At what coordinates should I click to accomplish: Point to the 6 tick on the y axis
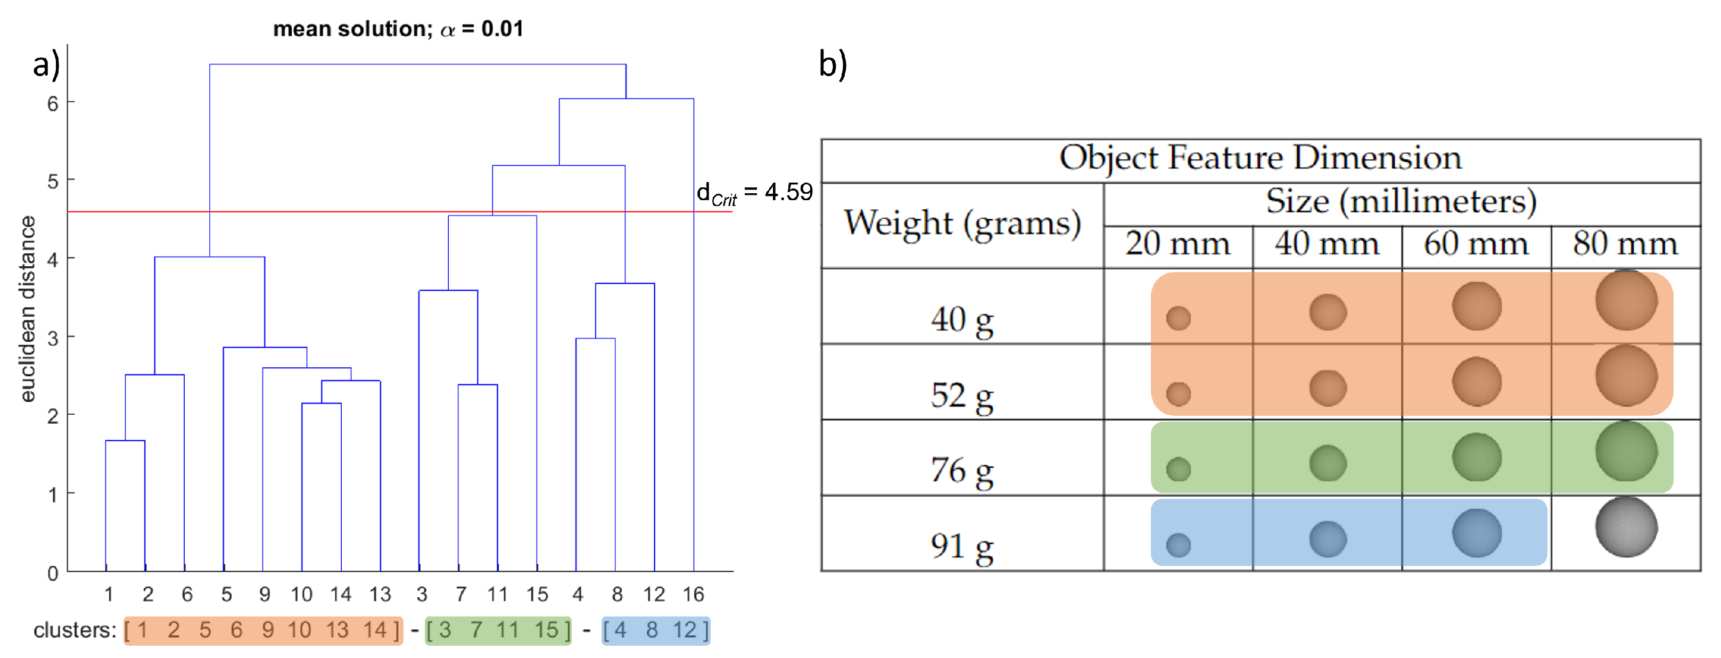[x=52, y=103]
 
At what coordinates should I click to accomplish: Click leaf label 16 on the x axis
[x=693, y=594]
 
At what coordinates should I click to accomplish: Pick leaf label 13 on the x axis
[x=380, y=594]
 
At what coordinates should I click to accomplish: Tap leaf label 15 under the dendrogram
[x=537, y=594]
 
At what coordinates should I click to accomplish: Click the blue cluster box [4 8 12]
[x=655, y=630]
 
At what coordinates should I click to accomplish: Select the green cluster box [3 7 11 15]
[x=498, y=630]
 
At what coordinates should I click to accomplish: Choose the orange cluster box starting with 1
[x=263, y=630]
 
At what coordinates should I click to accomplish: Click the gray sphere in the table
[x=1626, y=527]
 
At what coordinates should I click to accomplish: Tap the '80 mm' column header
[x=1625, y=244]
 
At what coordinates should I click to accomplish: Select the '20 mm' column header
[x=1177, y=244]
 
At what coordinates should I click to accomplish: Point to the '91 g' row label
[x=961, y=546]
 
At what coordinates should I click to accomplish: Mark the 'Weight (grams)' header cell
[x=962, y=223]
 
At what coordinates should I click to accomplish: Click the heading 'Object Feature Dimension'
[x=1260, y=158]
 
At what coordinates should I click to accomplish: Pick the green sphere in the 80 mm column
[x=1626, y=451]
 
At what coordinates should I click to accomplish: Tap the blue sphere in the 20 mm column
[x=1178, y=545]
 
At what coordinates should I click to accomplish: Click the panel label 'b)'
[x=833, y=65]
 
